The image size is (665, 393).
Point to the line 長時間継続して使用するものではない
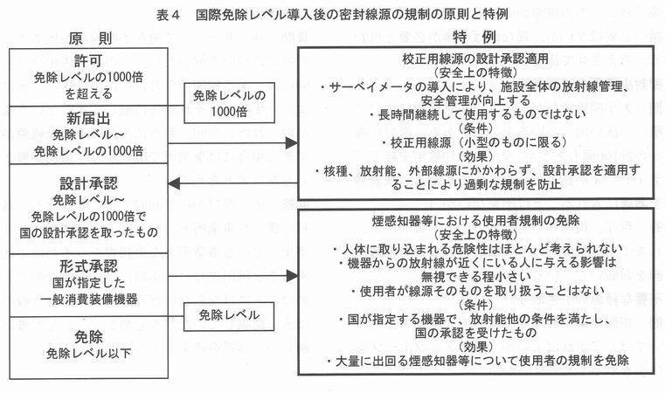(x=476, y=114)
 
